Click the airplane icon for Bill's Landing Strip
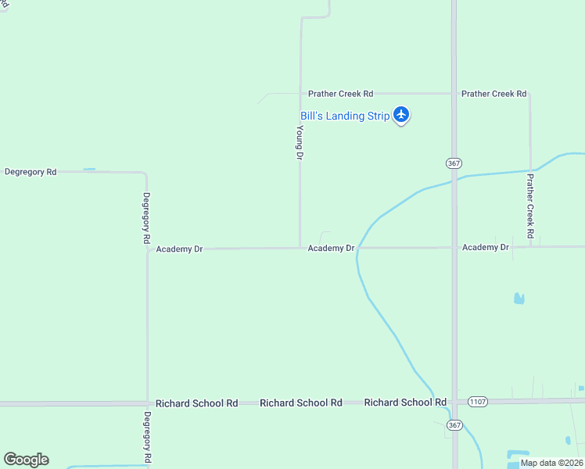point(401,115)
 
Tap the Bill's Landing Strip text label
point(345,116)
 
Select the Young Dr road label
point(300,143)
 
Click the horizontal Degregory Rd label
point(31,171)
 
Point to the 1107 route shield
point(478,402)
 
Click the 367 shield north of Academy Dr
point(454,163)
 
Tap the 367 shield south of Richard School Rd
point(454,424)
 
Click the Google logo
point(26,460)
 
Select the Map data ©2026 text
point(552,463)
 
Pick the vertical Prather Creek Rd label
point(530,206)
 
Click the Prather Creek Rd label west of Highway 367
point(340,94)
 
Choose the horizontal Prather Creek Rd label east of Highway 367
point(493,94)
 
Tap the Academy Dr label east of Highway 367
point(486,248)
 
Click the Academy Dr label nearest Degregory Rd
point(179,249)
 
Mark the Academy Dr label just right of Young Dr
point(331,249)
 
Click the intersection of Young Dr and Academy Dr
point(300,249)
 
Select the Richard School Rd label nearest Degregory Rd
point(196,403)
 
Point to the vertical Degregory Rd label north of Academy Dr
point(146,220)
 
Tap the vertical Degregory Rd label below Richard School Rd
point(146,436)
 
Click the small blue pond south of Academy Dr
point(519,298)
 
